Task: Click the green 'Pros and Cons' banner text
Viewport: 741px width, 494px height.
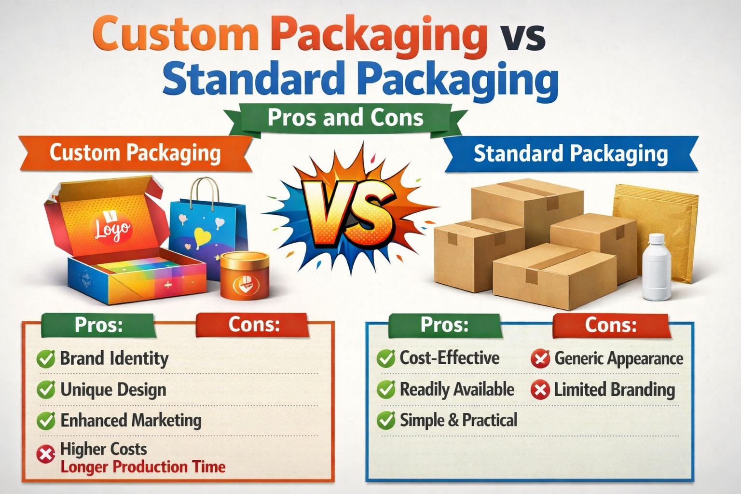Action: click(345, 118)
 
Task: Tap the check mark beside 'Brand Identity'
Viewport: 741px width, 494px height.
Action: click(46, 359)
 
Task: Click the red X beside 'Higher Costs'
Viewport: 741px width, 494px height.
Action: click(46, 454)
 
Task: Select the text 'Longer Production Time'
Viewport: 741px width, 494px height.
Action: click(143, 467)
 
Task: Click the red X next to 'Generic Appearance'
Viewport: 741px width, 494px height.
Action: click(540, 358)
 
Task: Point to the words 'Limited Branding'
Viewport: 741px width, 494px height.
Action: click(614, 390)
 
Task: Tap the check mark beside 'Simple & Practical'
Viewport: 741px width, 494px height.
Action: click(385, 420)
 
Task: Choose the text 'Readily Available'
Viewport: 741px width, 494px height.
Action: click(457, 389)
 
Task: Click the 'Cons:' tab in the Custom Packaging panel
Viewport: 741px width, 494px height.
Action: click(254, 325)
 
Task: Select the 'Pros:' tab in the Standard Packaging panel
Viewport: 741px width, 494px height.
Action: click(444, 325)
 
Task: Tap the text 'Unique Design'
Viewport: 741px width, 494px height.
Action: click(113, 390)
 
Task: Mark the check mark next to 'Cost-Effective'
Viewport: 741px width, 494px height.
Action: click(385, 358)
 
